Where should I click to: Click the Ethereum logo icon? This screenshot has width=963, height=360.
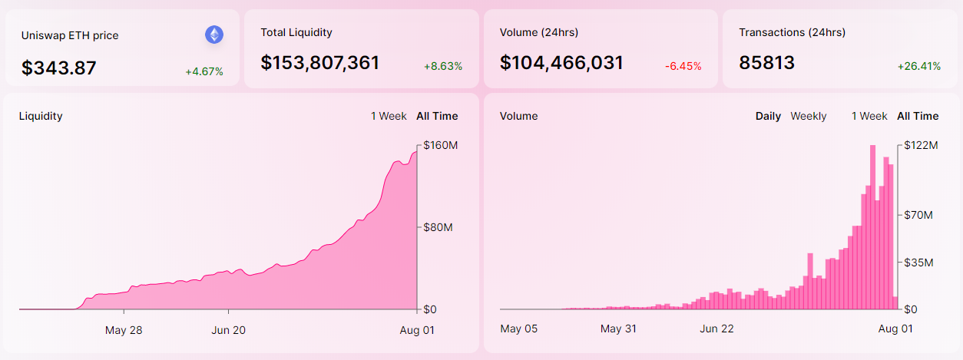point(213,35)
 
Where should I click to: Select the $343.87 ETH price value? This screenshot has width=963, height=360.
point(59,68)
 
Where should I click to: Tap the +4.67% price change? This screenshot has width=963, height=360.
point(204,71)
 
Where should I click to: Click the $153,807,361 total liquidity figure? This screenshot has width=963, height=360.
point(320,63)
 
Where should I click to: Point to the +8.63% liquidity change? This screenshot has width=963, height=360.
point(443,67)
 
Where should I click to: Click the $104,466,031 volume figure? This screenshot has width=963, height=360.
point(561,63)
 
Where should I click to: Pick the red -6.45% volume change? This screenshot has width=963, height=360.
point(683,67)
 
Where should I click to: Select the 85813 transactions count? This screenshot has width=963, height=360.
point(766,63)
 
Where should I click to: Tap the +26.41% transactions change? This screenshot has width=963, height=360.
point(919,67)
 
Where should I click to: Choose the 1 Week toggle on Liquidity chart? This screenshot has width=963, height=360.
point(389,116)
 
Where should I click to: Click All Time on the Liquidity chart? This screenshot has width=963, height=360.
point(437,116)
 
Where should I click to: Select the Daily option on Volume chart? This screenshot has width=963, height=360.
point(768,116)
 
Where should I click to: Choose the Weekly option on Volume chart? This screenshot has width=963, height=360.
point(809,116)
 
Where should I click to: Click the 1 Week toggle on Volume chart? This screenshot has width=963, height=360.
point(869,116)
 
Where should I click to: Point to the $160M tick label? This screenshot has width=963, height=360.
point(441,145)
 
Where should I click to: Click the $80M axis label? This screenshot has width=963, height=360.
point(438,227)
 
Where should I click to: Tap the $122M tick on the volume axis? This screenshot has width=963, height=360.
point(921,145)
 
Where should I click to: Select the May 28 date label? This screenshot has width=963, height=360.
point(124,330)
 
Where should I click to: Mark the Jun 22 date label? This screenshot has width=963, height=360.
point(717,329)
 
